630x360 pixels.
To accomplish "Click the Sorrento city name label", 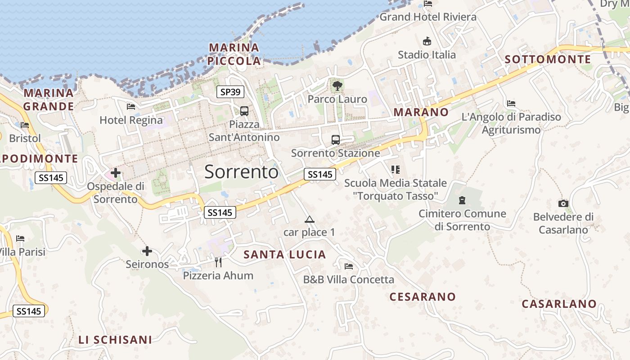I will (242, 172).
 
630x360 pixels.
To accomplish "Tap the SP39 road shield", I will (230, 92).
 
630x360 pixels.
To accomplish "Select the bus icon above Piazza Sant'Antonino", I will (244, 111).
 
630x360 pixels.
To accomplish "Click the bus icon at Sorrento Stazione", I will (336, 139).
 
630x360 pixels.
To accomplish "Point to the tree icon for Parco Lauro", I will (337, 85).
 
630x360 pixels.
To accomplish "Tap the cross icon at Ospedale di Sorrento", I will (116, 172).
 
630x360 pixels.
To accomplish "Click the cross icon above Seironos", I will (147, 251).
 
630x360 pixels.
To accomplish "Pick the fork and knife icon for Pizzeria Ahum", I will (218, 262).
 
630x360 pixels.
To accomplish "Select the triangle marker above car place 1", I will (309, 220).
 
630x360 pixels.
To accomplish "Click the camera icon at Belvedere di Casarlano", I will (563, 203).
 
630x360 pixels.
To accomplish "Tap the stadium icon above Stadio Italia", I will (427, 41).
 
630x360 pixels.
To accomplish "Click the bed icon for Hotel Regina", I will (131, 107).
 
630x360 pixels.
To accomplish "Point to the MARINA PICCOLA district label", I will (234, 54).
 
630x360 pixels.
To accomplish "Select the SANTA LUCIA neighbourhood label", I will (285, 255).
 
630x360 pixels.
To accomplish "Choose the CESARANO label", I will (423, 297).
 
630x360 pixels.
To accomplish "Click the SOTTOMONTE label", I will (548, 59).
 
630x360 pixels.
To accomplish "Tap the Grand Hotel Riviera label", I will (428, 17).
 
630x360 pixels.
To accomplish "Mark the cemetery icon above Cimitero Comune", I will (462, 200).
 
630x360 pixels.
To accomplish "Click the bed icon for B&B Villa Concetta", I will (349, 266).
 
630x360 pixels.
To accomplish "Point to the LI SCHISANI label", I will (115, 340).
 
